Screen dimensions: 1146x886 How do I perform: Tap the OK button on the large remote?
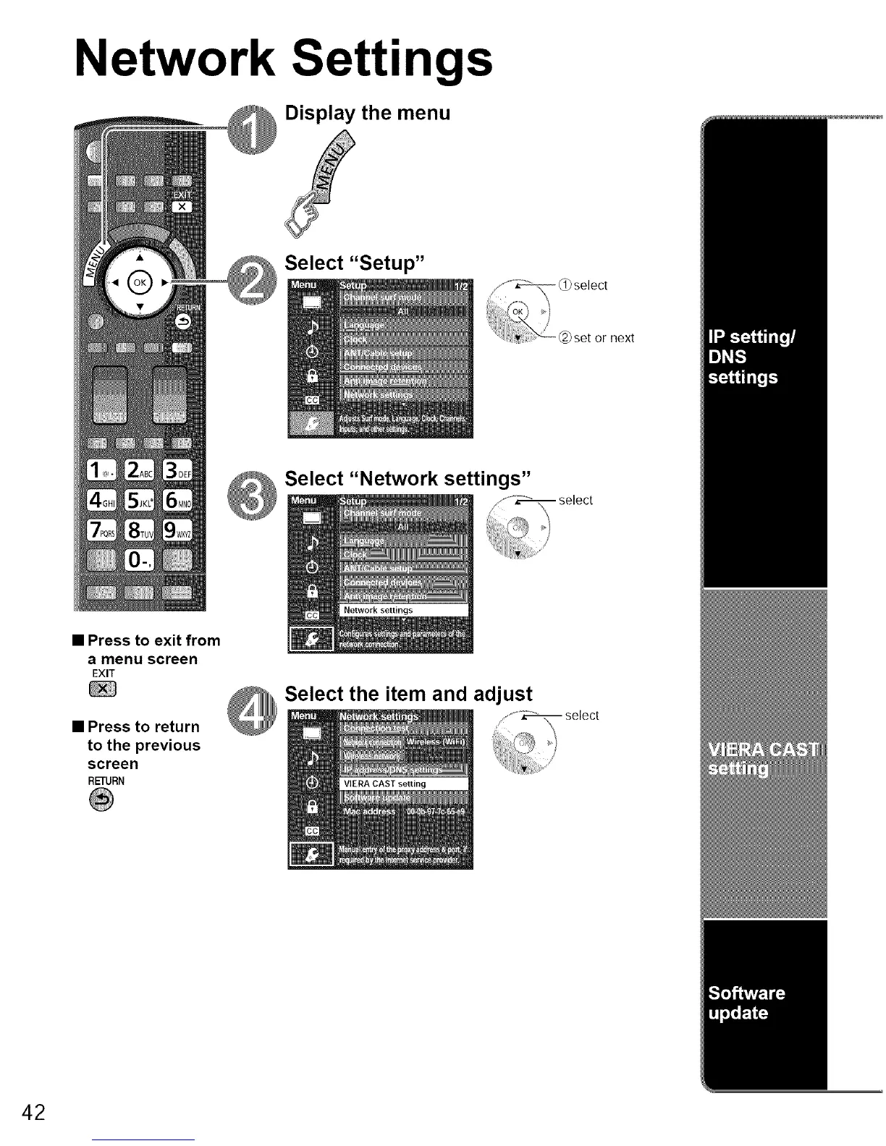(140, 281)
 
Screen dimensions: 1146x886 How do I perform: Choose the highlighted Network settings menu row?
(404, 611)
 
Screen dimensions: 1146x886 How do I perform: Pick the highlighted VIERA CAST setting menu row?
(404, 784)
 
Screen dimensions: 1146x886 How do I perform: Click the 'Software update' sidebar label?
(746, 1003)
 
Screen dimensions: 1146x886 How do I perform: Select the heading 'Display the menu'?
(368, 113)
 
